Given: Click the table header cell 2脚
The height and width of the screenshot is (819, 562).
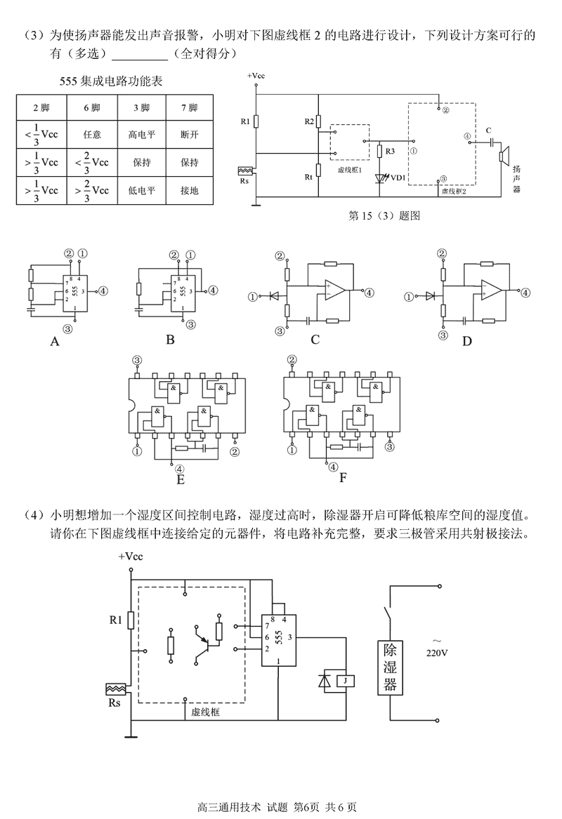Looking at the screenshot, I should click(41, 107).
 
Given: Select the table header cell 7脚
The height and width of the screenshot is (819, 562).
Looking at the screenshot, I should click(188, 107).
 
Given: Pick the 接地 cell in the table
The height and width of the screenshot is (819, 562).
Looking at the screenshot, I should click(188, 190).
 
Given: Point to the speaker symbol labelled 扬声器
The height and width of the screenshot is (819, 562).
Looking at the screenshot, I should click(504, 155).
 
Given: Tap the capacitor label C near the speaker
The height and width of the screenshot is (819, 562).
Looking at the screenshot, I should click(487, 129).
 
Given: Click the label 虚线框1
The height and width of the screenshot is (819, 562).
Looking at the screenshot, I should click(349, 170).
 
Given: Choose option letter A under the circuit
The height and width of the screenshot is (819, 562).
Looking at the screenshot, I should click(53, 342).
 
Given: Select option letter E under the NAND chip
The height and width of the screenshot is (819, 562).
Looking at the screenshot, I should click(181, 480).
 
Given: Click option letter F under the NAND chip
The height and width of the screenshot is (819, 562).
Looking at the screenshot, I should click(343, 479).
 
